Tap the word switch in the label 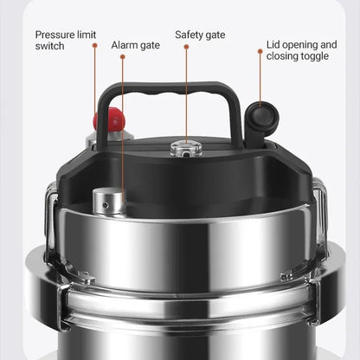click(x=50, y=47)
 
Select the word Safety click(x=190, y=35)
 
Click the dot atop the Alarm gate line click(x=123, y=57)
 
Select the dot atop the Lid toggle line click(x=260, y=51)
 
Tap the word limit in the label click(x=87, y=35)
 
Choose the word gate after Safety click(x=214, y=35)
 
